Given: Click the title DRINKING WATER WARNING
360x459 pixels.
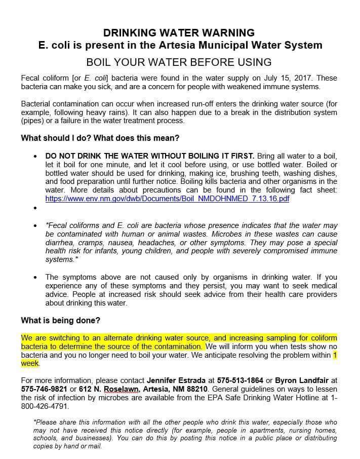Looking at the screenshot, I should coord(179,33).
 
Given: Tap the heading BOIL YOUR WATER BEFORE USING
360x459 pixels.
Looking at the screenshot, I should coord(179,62).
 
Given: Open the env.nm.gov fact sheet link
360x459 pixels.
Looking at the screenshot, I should coord(167,199).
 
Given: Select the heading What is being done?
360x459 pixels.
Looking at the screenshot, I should coord(61,320).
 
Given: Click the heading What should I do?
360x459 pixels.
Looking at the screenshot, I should coord(56,138).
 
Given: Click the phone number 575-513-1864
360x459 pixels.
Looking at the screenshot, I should coord(240,379).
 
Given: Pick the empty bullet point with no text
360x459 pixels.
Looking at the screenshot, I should coord(34,208).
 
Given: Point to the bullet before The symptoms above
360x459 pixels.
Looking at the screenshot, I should coord(34,277).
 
